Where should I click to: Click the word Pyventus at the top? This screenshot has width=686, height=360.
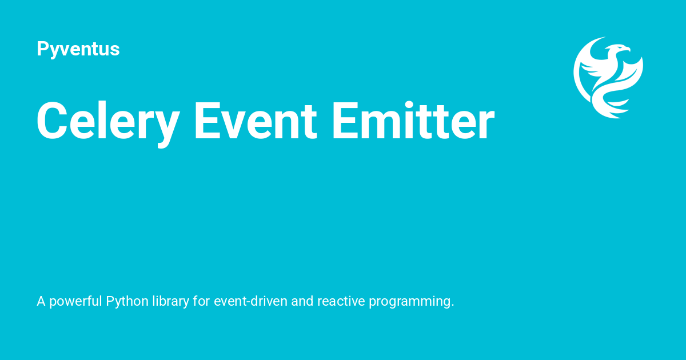[x=78, y=49]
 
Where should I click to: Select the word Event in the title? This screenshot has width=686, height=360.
[x=255, y=121]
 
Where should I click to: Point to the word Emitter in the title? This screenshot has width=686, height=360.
[x=412, y=121]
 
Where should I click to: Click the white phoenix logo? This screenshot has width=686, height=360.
[x=608, y=77]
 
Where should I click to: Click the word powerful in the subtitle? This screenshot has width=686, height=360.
[x=75, y=301]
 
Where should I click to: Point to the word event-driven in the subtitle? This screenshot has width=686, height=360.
[x=250, y=301]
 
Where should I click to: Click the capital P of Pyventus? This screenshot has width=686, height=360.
[x=42, y=49]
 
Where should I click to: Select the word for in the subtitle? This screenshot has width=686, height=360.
[x=201, y=301]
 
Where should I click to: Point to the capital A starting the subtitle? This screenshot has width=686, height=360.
[x=41, y=301]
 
